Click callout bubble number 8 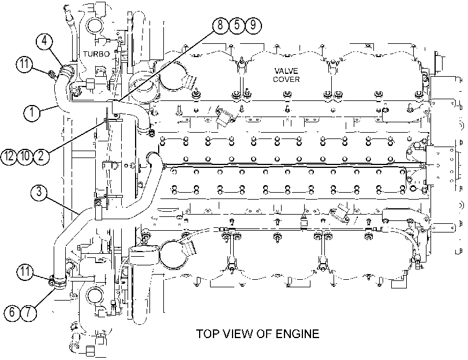pos(220,25)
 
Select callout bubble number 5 pos(237,25)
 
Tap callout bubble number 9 pos(253,25)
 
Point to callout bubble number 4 pos(44,41)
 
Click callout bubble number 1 pos(32,112)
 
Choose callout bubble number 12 pos(9,156)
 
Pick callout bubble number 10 pos(25,156)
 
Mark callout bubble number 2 pos(41,156)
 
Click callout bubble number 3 pos(39,192)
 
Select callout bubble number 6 pos(12,312)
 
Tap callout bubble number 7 pos(28,312)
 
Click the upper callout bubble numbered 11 pos(24,64)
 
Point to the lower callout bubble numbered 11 pos(25,272)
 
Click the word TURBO pos(96,54)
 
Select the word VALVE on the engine pos(286,71)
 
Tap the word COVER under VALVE pos(286,80)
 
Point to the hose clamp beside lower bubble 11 pos(58,282)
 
